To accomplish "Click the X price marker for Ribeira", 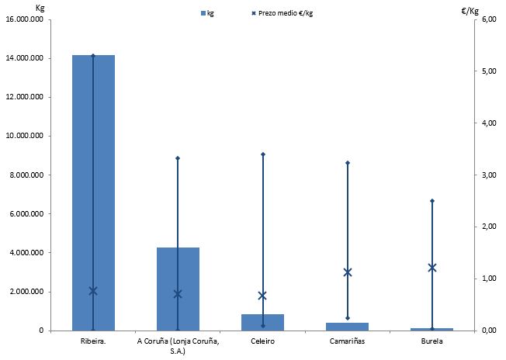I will click(x=93, y=291).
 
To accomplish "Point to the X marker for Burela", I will click(x=432, y=268).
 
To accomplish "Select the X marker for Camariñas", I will click(x=348, y=272).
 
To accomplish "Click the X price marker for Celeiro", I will click(x=262, y=296).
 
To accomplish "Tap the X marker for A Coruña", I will click(x=178, y=294).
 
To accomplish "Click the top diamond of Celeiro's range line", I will click(x=262, y=154).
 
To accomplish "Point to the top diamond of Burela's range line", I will click(x=432, y=201).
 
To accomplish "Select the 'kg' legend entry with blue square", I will click(x=207, y=13).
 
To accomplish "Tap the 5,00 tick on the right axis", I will click(x=488, y=71).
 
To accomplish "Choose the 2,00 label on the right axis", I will click(x=488, y=227).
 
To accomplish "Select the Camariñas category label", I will click(x=347, y=341).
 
